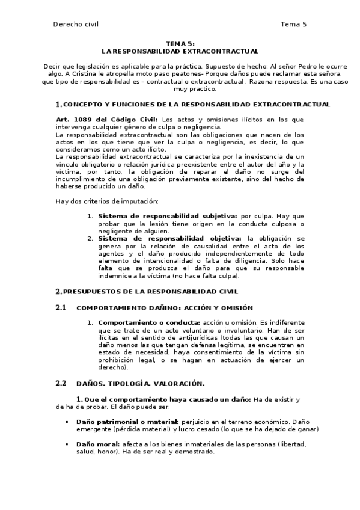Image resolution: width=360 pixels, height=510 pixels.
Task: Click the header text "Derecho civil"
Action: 76,24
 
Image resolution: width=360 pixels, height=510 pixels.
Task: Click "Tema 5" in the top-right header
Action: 293,24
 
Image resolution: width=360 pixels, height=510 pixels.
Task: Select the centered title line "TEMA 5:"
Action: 180,44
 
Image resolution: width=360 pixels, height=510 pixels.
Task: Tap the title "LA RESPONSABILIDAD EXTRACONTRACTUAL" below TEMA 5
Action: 180,51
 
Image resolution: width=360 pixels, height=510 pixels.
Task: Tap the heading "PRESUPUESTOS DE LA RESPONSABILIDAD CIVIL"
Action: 150,292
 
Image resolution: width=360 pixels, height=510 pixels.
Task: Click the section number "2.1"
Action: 60,308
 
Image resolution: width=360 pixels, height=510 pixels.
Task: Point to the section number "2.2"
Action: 60,383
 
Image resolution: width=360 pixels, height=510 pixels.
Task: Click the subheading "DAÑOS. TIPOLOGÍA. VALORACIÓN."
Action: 141,383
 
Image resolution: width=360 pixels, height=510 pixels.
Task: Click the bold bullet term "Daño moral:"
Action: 98,444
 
